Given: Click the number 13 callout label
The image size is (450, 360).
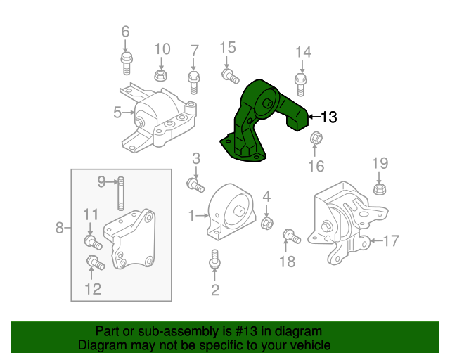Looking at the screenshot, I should [329, 117].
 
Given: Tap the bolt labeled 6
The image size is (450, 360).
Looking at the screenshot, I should [126, 61].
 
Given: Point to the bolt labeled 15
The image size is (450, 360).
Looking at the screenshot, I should [229, 75].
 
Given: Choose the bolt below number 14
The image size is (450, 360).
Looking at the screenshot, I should [301, 83].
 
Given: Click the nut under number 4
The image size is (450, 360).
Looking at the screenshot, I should [267, 224].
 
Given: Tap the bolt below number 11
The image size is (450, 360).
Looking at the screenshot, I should [93, 243].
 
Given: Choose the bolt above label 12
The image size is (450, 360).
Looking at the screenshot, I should [94, 264].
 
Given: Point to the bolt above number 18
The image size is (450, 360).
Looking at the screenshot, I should [291, 236].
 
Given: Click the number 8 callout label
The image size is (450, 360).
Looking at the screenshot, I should [59, 227].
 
